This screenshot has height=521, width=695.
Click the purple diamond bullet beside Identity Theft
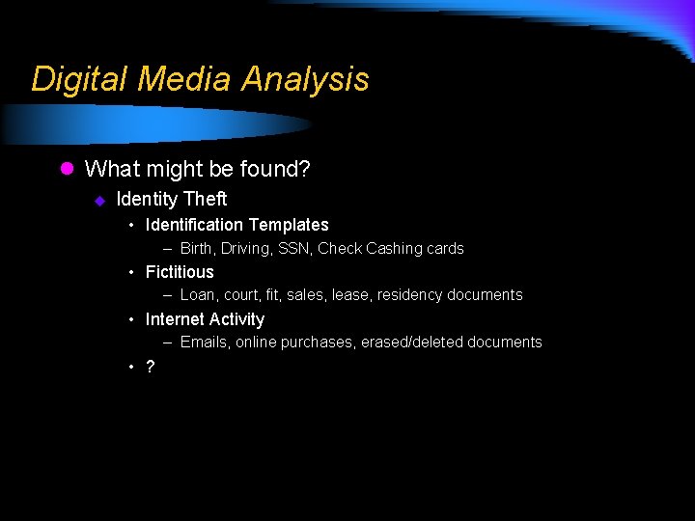point(98,201)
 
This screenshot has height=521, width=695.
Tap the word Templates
point(287,225)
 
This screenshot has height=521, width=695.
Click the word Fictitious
point(180,272)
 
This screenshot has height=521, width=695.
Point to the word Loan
point(198,295)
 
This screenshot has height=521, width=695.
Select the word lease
point(350,295)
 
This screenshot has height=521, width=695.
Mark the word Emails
point(203,343)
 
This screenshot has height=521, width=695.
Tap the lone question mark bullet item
point(150,367)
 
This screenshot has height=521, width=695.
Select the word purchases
point(317,343)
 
